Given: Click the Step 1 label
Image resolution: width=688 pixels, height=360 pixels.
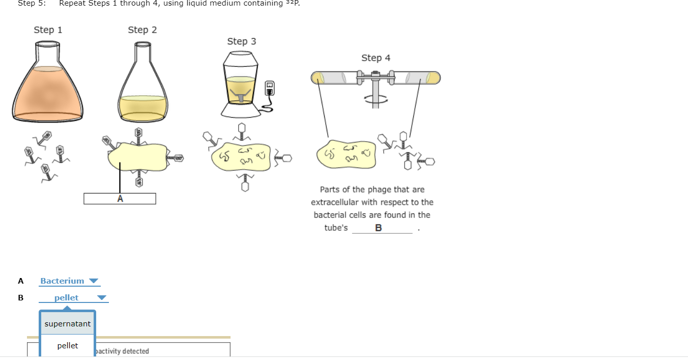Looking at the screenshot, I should tap(48, 30).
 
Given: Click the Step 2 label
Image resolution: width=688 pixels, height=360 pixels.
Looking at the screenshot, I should tap(142, 30).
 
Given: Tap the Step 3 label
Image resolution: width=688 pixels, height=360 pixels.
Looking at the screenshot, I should tap(242, 41).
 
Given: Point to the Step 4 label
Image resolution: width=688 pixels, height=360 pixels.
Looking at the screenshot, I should tap(376, 58).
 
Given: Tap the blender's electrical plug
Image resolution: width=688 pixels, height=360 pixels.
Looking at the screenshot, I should tap(270, 88).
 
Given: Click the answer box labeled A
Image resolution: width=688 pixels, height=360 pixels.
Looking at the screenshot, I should tap(120, 199).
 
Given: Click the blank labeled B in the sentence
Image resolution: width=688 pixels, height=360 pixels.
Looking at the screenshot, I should tap(382, 228).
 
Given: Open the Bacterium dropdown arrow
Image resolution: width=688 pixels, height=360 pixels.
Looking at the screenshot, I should tap(93, 281).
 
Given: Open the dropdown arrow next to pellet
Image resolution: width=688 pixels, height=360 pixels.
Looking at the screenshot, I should tap(102, 298).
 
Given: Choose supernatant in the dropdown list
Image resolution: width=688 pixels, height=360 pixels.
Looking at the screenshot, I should tap(68, 324).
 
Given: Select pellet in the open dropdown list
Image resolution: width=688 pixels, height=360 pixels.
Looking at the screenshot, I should tap(68, 346).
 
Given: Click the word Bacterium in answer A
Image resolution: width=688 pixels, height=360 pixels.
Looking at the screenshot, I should tap(62, 281).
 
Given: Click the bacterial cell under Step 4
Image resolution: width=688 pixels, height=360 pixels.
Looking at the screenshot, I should tap(347, 154).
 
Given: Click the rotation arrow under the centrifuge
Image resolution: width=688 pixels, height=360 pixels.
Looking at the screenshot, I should tap(376, 98).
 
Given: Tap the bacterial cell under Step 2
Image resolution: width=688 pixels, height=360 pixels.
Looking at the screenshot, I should tap(137, 158).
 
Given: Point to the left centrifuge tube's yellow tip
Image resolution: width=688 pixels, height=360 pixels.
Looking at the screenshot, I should tap(318, 78).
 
